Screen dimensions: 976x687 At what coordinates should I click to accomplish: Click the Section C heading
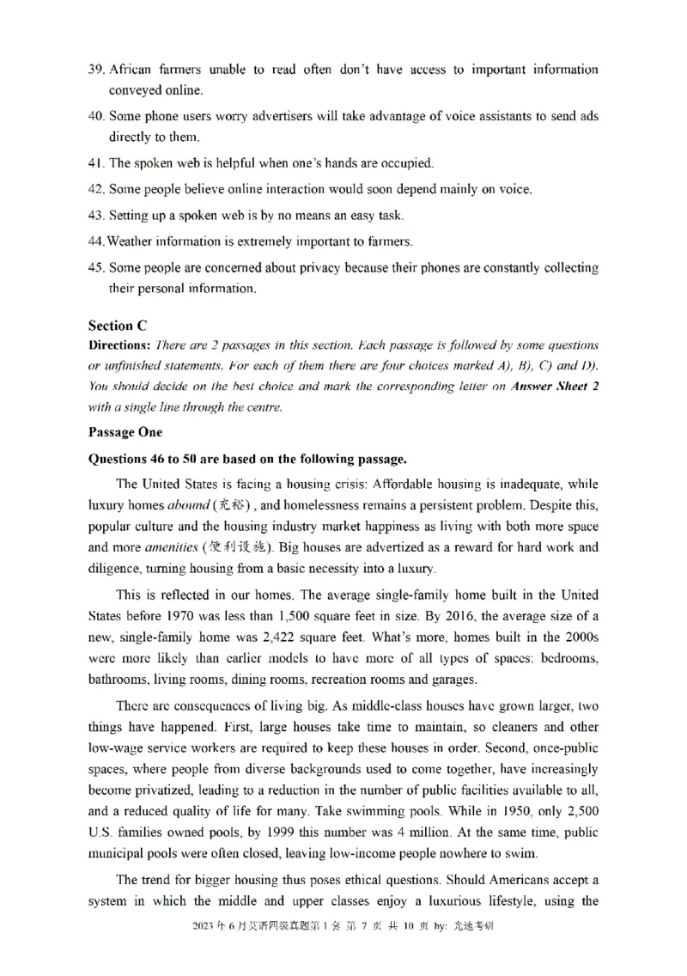[x=118, y=326]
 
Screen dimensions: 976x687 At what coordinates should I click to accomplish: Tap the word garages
[x=453, y=679]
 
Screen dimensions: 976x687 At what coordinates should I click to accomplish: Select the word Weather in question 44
[x=129, y=241]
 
